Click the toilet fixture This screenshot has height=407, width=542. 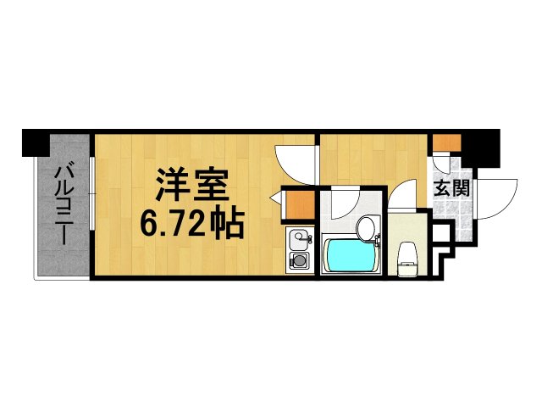[406, 255]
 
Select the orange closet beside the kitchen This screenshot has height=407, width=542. [299, 205]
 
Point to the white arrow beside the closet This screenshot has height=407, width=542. [275, 198]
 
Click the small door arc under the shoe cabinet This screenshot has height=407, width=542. [443, 163]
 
